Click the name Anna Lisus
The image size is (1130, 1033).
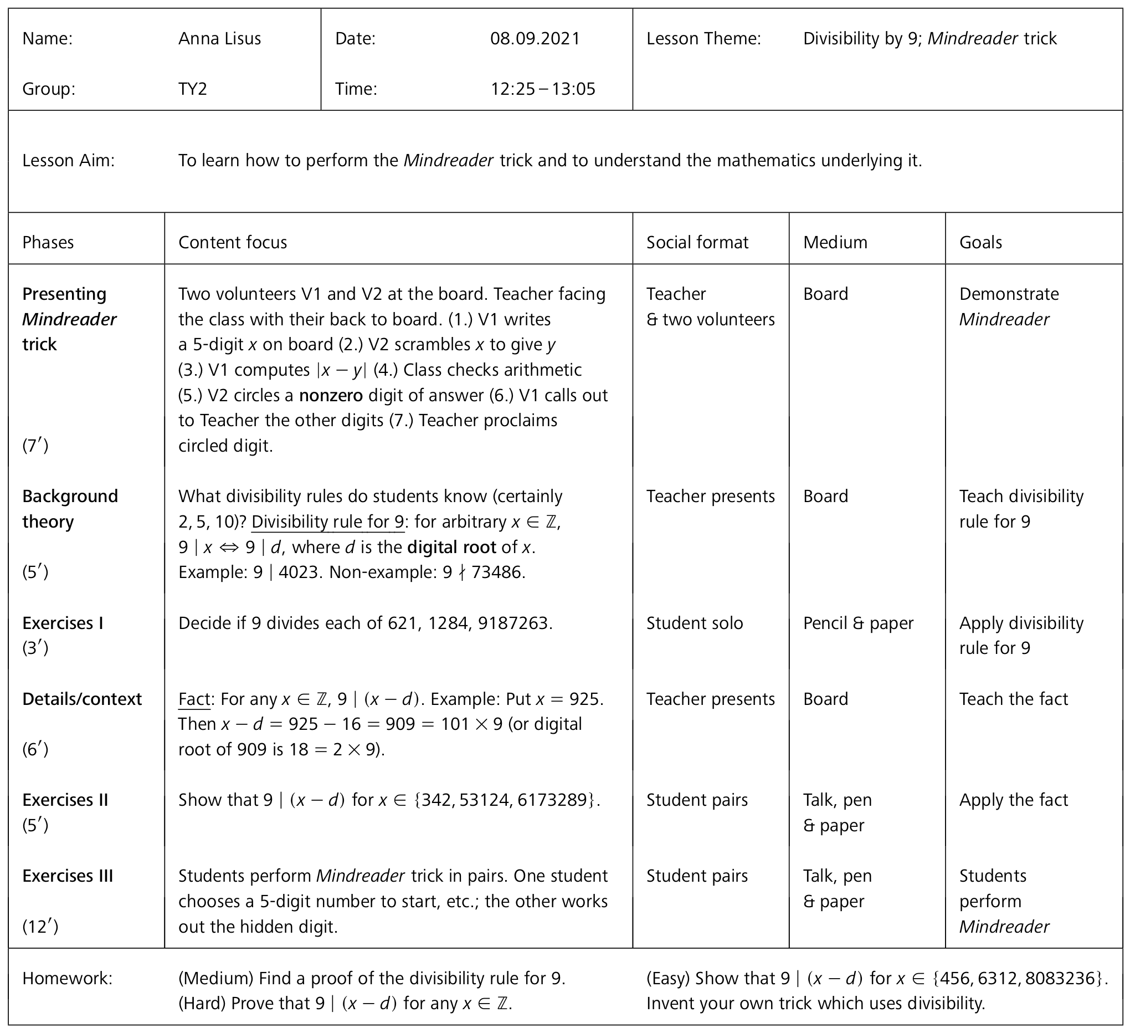pos(220,39)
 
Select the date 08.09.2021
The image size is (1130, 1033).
pos(535,39)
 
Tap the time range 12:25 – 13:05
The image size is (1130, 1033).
pos(543,89)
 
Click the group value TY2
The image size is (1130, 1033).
pos(193,89)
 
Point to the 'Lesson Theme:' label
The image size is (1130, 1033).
pos(703,39)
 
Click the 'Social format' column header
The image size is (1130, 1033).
pos(697,242)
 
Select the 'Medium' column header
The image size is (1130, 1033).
pos(835,242)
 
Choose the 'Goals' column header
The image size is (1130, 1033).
pos(980,242)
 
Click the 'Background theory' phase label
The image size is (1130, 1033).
pos(70,509)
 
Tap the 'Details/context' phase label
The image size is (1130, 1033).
pos(82,699)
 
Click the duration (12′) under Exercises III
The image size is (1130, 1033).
pos(40,927)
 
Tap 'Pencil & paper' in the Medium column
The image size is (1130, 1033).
pos(857,623)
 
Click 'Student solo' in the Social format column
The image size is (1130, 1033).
pos(695,623)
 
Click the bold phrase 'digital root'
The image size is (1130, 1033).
pos(451,547)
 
